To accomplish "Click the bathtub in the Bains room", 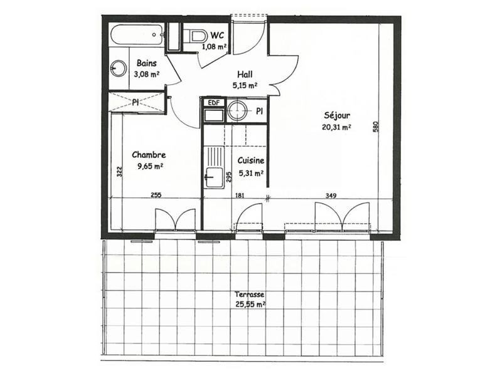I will click(x=137, y=35).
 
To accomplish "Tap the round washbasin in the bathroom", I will click(x=117, y=69).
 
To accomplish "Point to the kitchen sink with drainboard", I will click(x=214, y=166).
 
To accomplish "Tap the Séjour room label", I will click(x=337, y=115).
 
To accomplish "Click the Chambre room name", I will click(x=148, y=155).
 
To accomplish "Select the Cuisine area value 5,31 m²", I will click(x=250, y=174).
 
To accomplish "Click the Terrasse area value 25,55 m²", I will click(x=249, y=305).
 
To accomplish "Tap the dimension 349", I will click(x=331, y=196).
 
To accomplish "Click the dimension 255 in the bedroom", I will click(x=156, y=196).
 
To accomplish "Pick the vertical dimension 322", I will click(x=119, y=172).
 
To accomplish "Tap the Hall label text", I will click(x=245, y=74).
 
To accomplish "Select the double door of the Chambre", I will click(x=175, y=220).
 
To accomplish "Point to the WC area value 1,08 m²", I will click(x=214, y=46).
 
